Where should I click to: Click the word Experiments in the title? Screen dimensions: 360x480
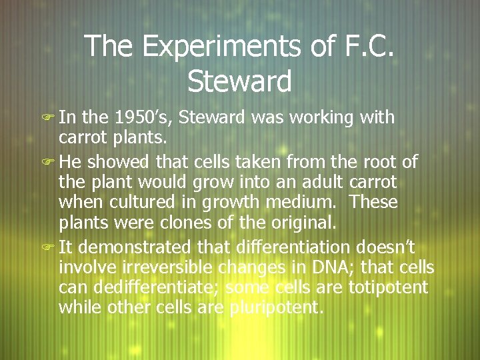click(204, 46)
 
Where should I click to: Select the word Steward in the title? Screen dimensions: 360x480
click(240, 81)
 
